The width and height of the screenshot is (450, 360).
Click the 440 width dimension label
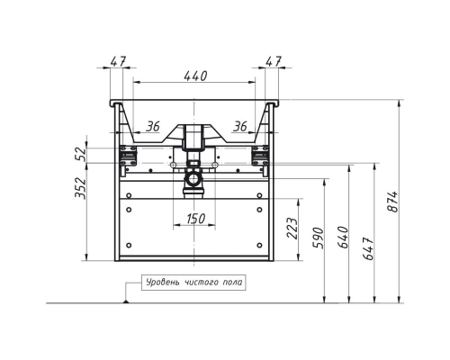195,76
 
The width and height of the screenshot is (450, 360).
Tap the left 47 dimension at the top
118,61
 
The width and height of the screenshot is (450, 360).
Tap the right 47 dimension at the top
274,61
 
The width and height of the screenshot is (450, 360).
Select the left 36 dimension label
153,127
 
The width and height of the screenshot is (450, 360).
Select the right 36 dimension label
240,127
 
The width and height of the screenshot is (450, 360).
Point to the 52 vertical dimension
80,154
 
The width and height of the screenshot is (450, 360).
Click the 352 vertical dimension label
80,188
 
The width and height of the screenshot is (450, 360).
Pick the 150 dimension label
195,219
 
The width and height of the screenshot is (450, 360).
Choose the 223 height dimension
292,228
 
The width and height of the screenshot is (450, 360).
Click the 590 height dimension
319,238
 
